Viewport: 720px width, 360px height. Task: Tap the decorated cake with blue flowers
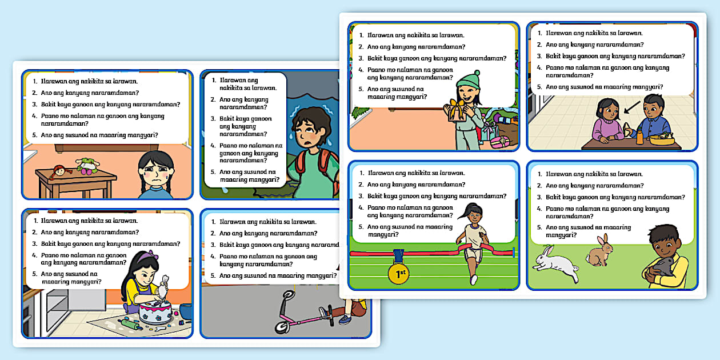click(x=155, y=312)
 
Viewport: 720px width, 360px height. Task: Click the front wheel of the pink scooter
click(x=281, y=326)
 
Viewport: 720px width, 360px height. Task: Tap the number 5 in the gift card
click(x=361, y=89)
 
